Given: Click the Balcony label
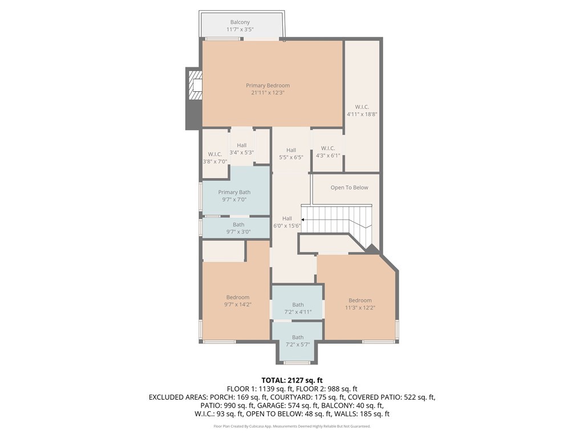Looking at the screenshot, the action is [240, 22].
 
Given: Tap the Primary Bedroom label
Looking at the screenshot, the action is [268, 86].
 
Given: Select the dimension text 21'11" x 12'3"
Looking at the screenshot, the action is [268, 92].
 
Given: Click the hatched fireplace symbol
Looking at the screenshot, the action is [195, 86].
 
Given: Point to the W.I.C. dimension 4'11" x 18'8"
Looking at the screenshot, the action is [362, 114].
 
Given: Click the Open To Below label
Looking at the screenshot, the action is [350, 187].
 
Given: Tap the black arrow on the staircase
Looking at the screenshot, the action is [303, 220].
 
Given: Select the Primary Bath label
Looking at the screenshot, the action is [234, 192].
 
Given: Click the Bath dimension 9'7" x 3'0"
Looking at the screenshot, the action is [238, 232].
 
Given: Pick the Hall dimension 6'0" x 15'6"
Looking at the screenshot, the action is [287, 225].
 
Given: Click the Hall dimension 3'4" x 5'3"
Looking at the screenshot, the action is [242, 152].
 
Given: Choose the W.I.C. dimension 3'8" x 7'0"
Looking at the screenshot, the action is [215, 161].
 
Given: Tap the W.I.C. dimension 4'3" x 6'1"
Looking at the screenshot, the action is [328, 155].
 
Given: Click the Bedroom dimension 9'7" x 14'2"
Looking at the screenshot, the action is [238, 305].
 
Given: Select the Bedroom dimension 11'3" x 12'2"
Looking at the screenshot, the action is [360, 307].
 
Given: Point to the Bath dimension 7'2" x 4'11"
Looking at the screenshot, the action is [298, 312].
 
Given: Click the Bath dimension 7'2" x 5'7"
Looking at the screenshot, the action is [298, 344].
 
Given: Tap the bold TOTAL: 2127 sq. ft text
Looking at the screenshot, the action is [292, 380].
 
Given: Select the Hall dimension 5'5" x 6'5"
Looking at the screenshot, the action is [291, 157].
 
